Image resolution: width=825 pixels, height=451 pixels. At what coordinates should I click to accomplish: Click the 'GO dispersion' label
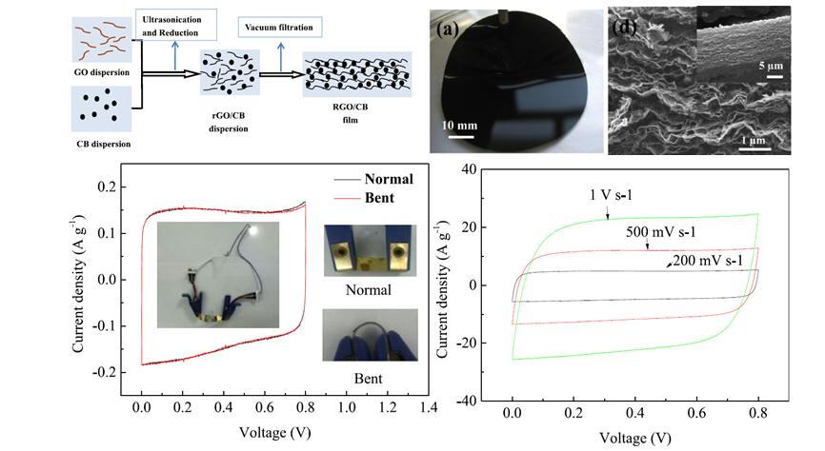99,70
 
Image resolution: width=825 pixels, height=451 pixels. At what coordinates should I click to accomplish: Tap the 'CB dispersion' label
101,144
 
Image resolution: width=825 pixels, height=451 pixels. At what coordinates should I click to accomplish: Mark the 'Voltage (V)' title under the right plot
635,439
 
